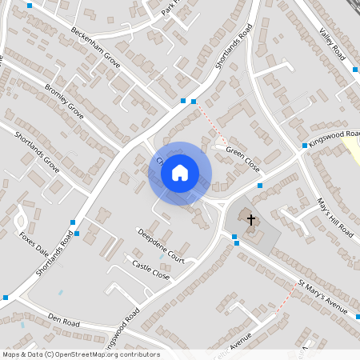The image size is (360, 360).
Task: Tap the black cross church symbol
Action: point(250,219)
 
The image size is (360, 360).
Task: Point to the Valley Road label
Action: point(331,43)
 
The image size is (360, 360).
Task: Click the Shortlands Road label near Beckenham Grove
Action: point(233,50)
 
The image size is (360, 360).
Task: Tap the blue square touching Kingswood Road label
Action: point(305,146)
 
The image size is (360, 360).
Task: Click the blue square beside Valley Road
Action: point(355,70)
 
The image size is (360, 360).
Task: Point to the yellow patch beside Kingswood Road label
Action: point(353,150)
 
